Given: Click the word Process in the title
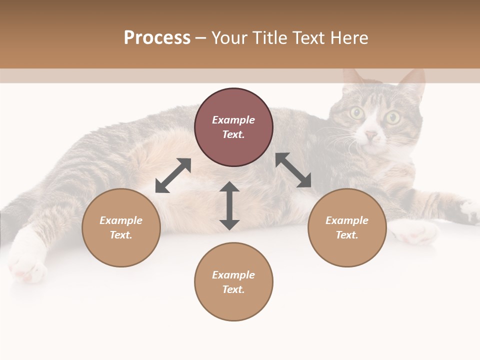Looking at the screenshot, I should (157, 38).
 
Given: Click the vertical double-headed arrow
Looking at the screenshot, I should (229, 206).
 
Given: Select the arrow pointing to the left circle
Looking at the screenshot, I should (173, 175).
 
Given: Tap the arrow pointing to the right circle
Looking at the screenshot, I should (293, 170).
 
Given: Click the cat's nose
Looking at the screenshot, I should (370, 135).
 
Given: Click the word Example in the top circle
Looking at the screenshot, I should (233, 120).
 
